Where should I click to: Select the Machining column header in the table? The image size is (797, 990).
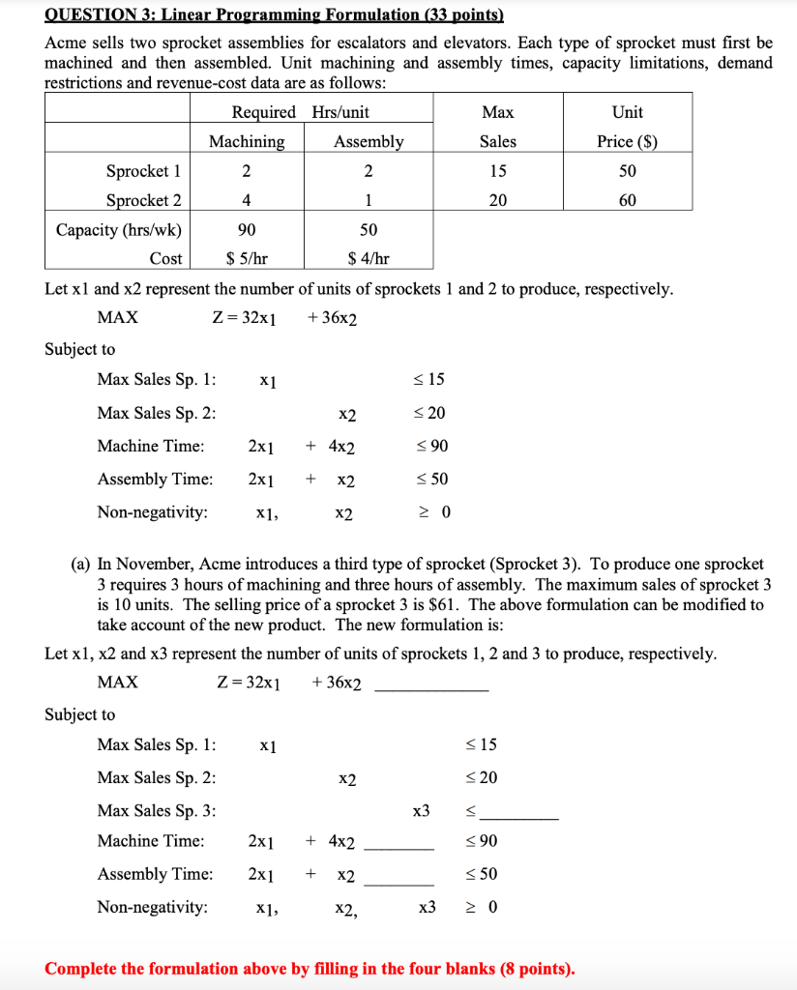pos(247,141)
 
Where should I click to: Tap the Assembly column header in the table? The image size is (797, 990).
pos(369,141)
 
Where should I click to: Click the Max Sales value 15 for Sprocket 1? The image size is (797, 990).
pos(497,171)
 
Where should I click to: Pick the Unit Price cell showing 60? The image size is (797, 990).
pos(628,200)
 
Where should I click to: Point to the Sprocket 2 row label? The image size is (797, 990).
pos(143,200)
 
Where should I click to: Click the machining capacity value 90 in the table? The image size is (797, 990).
pos(247,230)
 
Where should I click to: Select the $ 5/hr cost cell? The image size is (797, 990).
pos(247,258)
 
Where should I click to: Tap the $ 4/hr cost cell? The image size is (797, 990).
pos(369,258)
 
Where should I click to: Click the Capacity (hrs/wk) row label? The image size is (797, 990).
pos(118,230)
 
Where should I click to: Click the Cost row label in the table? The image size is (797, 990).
pos(165,258)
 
